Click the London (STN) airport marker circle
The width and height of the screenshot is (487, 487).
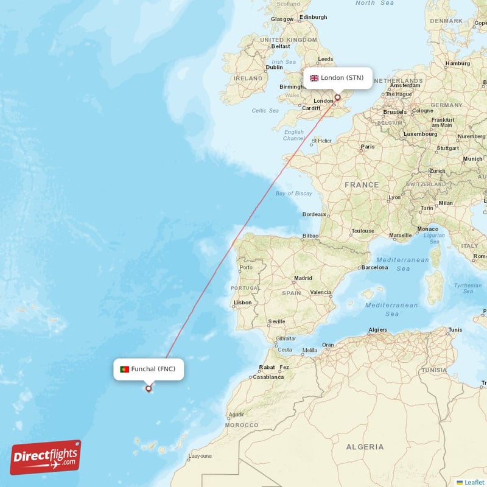click(337, 97)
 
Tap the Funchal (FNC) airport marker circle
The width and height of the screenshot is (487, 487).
click(149, 388)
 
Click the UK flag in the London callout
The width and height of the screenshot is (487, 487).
click(314, 78)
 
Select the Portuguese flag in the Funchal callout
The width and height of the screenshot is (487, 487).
click(124, 369)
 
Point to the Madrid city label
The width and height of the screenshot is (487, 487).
click(303, 278)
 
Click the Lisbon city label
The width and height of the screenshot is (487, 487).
click(243, 302)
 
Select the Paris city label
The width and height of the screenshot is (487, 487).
click(367, 147)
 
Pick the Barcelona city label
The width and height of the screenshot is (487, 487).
click(374, 267)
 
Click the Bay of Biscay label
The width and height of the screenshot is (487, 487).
click(293, 194)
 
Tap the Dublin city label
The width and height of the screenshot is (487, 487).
click(274, 68)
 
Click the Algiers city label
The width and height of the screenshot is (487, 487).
click(377, 330)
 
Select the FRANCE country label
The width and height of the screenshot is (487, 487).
click(362, 184)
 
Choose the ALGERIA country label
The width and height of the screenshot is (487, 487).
click(365, 447)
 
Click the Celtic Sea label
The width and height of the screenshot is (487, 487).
click(265, 110)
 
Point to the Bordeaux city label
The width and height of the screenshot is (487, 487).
click(315, 214)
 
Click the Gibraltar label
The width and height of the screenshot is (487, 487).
click(286, 338)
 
